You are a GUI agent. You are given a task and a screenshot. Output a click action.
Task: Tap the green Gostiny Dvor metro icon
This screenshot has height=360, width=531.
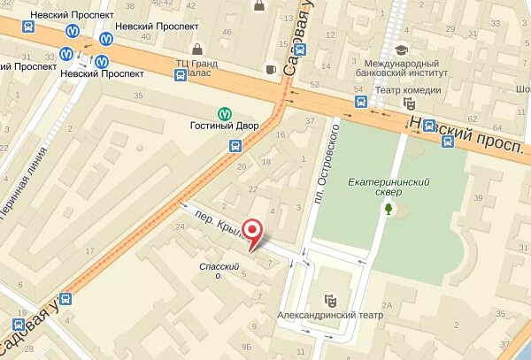point(224,113)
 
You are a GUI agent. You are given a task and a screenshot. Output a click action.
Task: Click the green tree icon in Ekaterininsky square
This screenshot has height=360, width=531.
point(387,209)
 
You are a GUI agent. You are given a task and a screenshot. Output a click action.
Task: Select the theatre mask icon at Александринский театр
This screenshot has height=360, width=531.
point(329,300)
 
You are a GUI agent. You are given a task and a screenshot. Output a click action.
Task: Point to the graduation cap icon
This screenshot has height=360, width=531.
point(401,50)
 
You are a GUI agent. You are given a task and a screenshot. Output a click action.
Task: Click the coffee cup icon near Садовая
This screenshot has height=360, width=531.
point(271,68)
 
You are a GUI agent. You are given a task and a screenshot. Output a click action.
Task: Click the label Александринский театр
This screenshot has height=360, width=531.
point(318,315)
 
